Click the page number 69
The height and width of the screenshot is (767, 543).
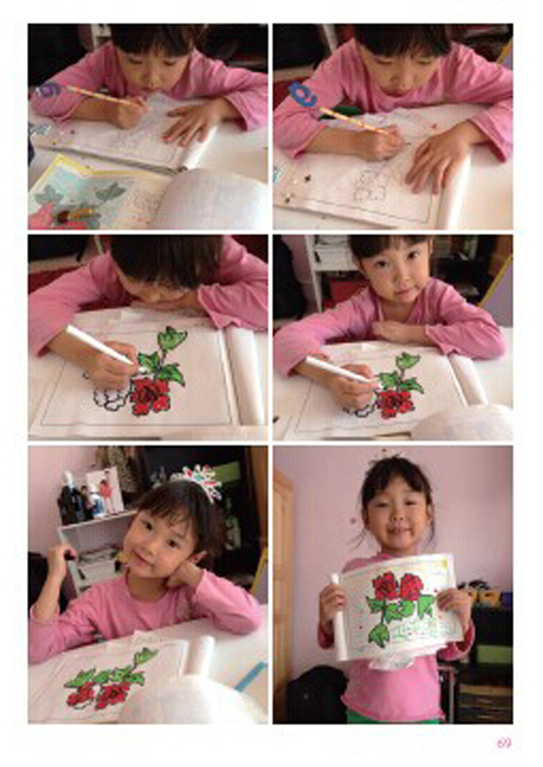point(504,743)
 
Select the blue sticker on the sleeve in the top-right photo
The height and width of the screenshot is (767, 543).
point(302,94)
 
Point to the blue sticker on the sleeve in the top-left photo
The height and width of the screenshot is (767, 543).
point(48,90)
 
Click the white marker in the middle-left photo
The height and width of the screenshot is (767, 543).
point(100,345)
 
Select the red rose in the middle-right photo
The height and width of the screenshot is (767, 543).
point(396,402)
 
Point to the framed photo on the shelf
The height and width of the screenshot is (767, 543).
point(105,490)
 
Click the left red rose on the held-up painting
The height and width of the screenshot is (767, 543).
point(386,586)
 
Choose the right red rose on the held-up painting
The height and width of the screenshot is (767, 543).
point(411,587)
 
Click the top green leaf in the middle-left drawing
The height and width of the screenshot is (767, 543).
point(172,338)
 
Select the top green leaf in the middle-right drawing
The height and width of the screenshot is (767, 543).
point(409,361)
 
